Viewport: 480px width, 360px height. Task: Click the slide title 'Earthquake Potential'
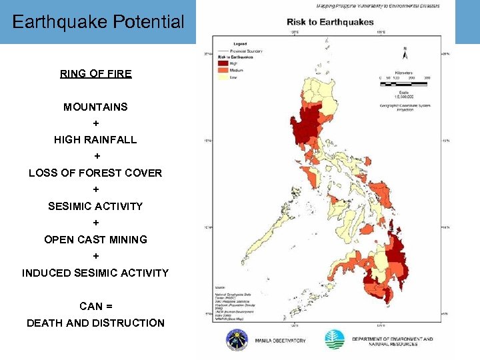click(98, 22)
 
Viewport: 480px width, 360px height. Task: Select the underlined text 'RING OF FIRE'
click(96, 74)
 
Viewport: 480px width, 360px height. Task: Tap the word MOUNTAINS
click(96, 107)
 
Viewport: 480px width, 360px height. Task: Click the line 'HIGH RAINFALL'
click(96, 140)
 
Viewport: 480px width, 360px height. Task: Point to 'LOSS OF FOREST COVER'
click(95, 173)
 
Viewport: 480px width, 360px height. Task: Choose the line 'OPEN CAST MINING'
click(96, 239)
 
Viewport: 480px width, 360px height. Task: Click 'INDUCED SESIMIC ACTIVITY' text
click(95, 273)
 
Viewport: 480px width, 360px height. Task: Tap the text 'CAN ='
click(96, 307)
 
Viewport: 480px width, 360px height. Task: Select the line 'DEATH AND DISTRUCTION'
click(95, 323)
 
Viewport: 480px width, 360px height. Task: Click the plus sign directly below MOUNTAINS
click(96, 123)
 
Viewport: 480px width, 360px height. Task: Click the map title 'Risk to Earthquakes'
click(331, 22)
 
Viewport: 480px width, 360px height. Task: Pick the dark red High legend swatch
click(223, 63)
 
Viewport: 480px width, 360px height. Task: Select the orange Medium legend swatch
click(223, 69)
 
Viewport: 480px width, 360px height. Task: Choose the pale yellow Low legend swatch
click(223, 77)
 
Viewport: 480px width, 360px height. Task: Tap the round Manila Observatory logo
click(237, 339)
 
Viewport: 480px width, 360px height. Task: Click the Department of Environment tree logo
click(335, 339)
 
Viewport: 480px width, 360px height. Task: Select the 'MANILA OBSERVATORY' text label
click(280, 341)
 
